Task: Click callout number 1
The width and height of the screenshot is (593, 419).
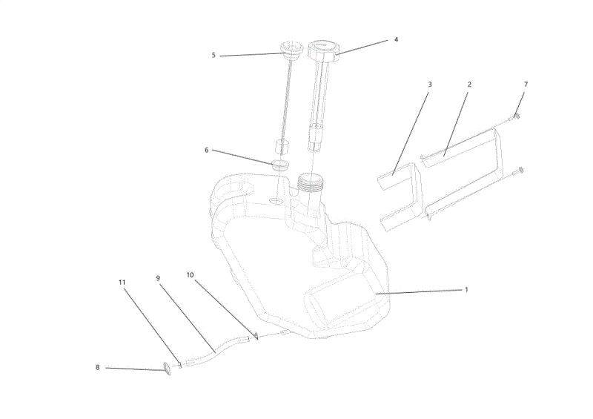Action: [x=466, y=289]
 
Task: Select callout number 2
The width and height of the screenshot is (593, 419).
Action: [x=469, y=85]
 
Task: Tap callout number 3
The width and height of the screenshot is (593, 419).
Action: [x=430, y=85]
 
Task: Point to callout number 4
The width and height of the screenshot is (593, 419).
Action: [x=396, y=39]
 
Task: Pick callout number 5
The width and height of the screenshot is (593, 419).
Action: [x=213, y=56]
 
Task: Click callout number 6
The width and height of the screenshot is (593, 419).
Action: [x=207, y=151]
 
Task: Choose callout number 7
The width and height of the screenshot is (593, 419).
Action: [x=526, y=85]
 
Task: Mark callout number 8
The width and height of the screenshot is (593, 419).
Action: [x=97, y=367]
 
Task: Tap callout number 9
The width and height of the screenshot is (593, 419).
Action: [x=158, y=278]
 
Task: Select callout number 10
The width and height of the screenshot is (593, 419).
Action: [x=190, y=275]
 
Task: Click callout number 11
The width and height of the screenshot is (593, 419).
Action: [x=122, y=283]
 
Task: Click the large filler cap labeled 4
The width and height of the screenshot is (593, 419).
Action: [x=322, y=50]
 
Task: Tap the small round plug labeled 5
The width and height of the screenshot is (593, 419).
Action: [x=291, y=50]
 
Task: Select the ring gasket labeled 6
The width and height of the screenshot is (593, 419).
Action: [x=280, y=166]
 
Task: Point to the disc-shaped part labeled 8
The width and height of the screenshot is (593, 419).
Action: [x=167, y=369]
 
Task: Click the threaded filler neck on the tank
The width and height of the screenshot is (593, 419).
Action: [x=309, y=182]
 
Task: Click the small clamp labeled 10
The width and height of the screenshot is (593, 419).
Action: [x=256, y=336]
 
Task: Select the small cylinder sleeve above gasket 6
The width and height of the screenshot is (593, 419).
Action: [x=281, y=147]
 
